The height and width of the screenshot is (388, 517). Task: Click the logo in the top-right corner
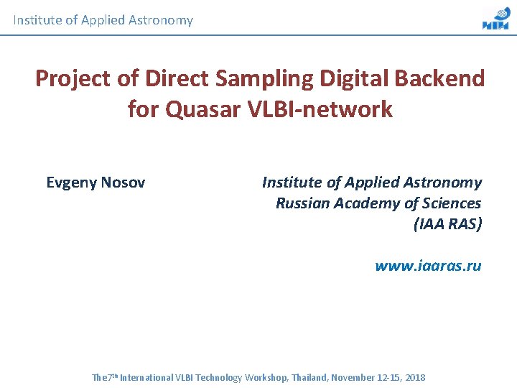[495, 19]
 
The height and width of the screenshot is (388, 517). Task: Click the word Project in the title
[69, 78]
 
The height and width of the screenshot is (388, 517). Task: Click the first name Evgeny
[71, 183]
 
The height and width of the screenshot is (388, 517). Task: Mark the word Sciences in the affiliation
[451, 203]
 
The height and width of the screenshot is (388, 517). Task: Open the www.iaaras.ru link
[428, 266]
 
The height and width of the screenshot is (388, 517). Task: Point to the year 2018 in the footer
[414, 377]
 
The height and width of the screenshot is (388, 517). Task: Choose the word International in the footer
[146, 377]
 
